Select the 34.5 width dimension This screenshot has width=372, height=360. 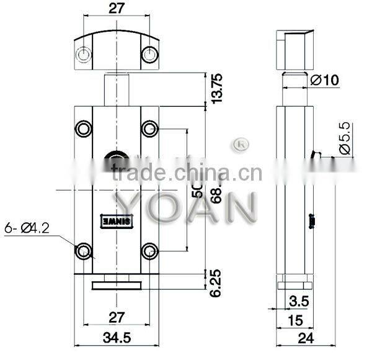(116, 339)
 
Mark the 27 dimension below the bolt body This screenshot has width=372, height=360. (116, 318)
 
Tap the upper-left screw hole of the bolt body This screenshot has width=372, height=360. (82, 128)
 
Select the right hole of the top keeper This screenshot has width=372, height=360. (149, 55)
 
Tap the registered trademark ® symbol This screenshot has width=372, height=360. (239, 145)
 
